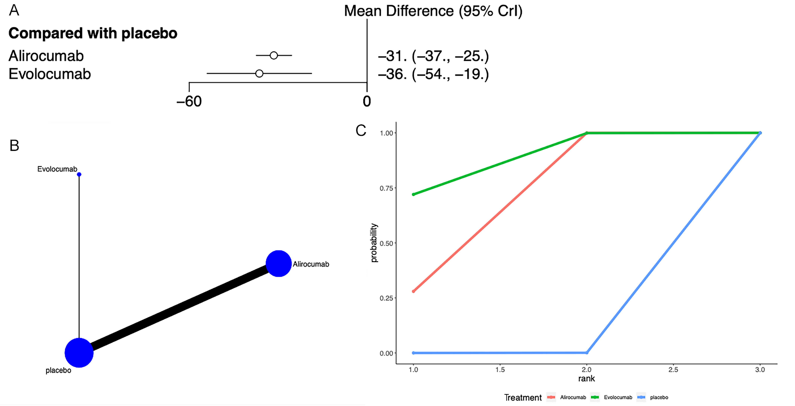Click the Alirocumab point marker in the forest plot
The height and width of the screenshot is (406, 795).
(x=274, y=56)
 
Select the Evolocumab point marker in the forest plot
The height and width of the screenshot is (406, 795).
(x=259, y=73)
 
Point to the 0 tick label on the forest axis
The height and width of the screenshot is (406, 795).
(x=367, y=101)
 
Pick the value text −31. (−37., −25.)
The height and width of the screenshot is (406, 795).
(x=433, y=56)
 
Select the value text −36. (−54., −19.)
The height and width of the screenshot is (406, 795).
(x=433, y=74)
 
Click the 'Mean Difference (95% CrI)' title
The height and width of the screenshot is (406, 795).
(x=433, y=11)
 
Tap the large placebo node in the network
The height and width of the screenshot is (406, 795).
(x=79, y=353)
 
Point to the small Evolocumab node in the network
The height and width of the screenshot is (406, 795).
(x=79, y=175)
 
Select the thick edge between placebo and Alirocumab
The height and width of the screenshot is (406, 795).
(x=179, y=308)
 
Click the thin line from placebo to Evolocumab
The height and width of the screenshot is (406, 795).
(x=79, y=256)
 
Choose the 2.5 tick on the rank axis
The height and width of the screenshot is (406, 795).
(x=673, y=370)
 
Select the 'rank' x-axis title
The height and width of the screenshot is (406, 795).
(x=586, y=379)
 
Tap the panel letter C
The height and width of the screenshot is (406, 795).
(x=361, y=130)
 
